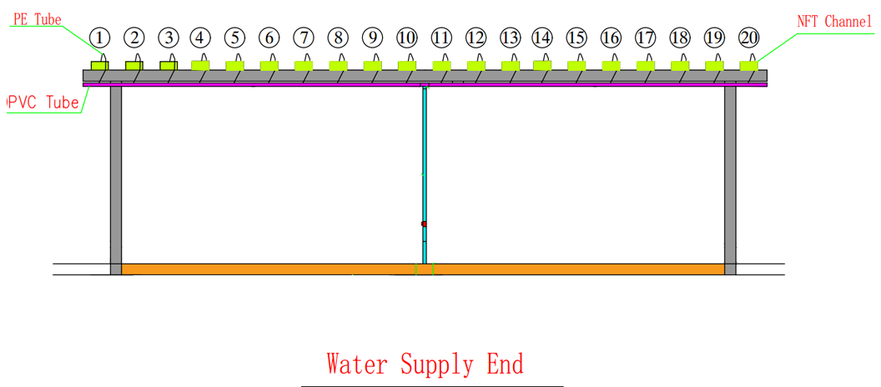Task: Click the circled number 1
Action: pos(100,38)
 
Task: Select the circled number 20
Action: pos(749,38)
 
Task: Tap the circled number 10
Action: pos(406,38)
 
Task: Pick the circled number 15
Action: pos(576,38)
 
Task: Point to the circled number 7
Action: pos(304,38)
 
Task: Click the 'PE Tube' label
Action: pos(38,19)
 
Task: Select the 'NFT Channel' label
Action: pos(834,22)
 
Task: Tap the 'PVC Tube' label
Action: pos(43,103)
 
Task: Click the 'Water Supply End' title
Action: pos(425,364)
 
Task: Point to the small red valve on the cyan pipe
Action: pos(424,224)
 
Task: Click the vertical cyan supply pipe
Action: pos(424,167)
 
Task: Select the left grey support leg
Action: pos(116,175)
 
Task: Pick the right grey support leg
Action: pos(730,175)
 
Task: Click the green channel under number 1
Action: pos(100,65)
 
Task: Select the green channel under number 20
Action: pos(748,65)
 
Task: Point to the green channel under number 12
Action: pos(476,65)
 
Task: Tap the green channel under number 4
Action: pos(200,64)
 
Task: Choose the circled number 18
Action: pos(680,38)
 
